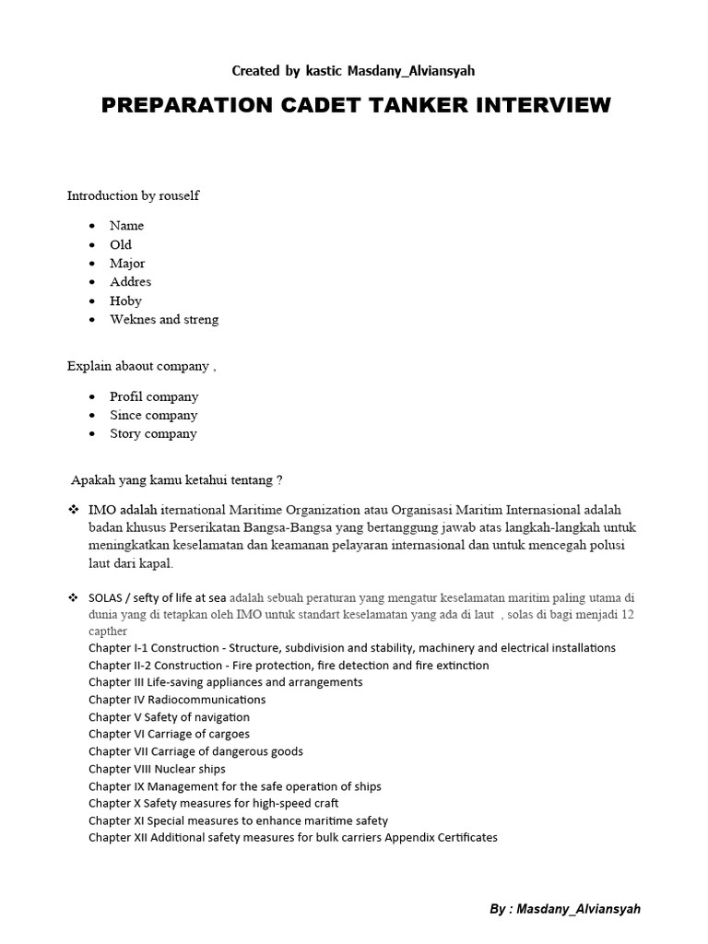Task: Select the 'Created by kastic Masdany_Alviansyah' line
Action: [354, 70]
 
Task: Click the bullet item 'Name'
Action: [126, 226]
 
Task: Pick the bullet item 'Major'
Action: [127, 264]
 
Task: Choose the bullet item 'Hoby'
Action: [125, 301]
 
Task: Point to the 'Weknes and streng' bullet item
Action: [164, 320]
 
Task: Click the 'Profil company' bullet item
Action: [154, 396]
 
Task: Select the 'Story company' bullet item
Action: [153, 434]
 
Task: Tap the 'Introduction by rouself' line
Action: [133, 195]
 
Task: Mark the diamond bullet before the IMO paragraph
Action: [73, 510]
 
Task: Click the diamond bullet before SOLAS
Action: [73, 597]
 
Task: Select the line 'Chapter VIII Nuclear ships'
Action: [157, 769]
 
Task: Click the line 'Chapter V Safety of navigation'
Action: [169, 717]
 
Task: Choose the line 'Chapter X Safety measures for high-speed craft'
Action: [214, 803]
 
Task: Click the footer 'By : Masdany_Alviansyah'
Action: [564, 909]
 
